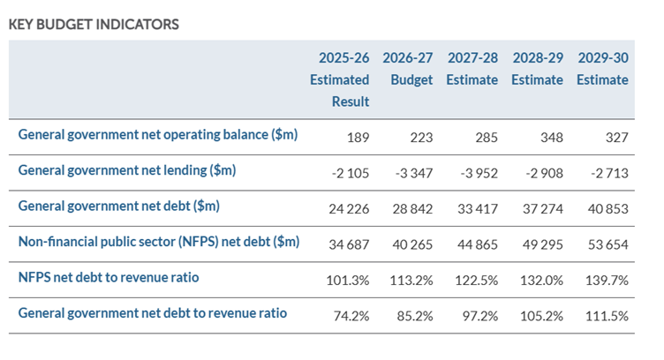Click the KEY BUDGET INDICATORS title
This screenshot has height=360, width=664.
click(94, 25)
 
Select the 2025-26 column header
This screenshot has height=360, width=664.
click(340, 79)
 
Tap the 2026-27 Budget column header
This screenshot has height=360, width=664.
click(407, 69)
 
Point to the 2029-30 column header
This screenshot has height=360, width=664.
click(602, 69)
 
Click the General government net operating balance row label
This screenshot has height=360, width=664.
click(158, 134)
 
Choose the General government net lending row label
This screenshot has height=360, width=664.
click(127, 170)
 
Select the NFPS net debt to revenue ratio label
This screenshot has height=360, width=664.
click(109, 278)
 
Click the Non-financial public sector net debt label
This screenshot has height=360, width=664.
click(159, 242)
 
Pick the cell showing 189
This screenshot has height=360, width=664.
click(358, 138)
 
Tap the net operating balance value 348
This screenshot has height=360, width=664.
click(552, 138)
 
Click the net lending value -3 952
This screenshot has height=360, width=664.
click(479, 173)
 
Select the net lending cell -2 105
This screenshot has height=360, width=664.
click(351, 173)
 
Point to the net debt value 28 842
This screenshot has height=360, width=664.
click(412, 209)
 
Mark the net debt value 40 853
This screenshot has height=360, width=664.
click(608, 209)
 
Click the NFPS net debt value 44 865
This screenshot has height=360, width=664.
click(478, 244)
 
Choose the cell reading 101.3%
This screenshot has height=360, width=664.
click(348, 281)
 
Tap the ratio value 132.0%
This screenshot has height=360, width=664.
click(541, 281)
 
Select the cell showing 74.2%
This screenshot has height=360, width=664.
click(351, 316)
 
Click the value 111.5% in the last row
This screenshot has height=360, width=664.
click(607, 316)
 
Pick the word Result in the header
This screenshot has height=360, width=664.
click(351, 101)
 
